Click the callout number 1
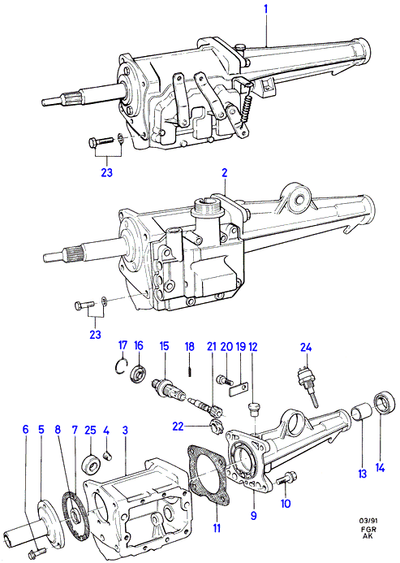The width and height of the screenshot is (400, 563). (266, 9)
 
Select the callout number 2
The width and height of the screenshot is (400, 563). (224, 173)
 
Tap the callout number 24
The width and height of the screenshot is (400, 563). (306, 347)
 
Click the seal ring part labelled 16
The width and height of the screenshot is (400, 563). (139, 374)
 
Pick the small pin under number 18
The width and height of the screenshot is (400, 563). (189, 370)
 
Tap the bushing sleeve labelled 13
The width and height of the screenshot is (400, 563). (361, 413)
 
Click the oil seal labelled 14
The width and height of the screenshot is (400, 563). (385, 402)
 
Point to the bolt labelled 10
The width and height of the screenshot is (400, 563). (286, 479)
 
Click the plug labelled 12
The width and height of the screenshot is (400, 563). (254, 409)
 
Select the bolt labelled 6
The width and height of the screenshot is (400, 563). (37, 551)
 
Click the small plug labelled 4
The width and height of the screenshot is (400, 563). (106, 456)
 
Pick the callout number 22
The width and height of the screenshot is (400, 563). (178, 426)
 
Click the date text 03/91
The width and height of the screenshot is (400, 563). (368, 520)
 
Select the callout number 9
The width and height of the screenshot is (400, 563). (253, 516)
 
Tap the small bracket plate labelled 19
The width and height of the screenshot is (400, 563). (239, 389)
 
